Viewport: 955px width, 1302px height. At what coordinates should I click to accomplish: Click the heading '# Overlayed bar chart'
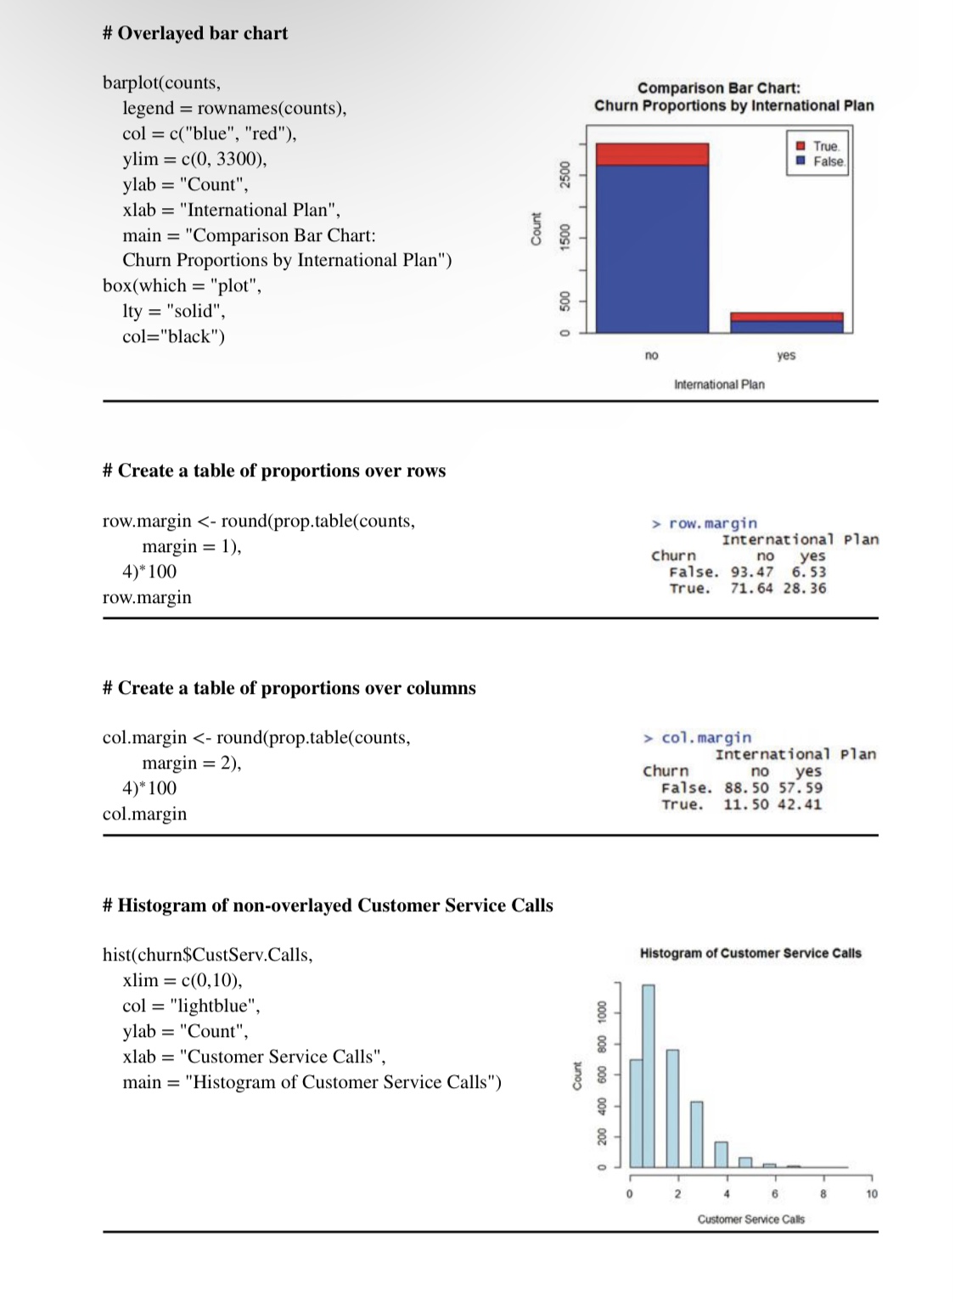point(194,33)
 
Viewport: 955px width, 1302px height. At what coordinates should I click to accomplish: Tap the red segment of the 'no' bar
point(652,154)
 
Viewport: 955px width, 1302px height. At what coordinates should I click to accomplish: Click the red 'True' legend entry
point(818,146)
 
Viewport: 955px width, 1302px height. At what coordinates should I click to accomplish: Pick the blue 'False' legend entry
point(820,161)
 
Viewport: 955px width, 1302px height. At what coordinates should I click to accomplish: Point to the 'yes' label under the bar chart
point(786,355)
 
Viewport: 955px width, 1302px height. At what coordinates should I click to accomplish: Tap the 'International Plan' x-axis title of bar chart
point(719,385)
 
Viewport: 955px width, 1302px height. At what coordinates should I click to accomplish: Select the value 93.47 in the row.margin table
point(751,572)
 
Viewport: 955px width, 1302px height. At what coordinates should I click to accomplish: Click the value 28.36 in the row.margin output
point(804,588)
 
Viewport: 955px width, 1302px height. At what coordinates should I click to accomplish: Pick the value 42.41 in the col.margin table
point(800,804)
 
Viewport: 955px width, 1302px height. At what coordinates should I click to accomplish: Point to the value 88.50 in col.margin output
point(745,787)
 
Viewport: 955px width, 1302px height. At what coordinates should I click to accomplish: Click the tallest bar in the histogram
point(649,1075)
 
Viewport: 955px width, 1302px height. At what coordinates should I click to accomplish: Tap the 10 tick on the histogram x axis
point(872,1193)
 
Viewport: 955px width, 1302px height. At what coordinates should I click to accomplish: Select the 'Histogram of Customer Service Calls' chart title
point(750,953)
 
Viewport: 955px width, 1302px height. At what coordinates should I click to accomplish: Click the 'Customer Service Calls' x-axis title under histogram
point(750,1219)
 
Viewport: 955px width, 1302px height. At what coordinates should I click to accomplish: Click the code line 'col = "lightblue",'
point(191,1006)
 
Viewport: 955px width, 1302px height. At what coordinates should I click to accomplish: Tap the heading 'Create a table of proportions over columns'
point(289,688)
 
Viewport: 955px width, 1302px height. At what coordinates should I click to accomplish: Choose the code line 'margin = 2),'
point(191,763)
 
